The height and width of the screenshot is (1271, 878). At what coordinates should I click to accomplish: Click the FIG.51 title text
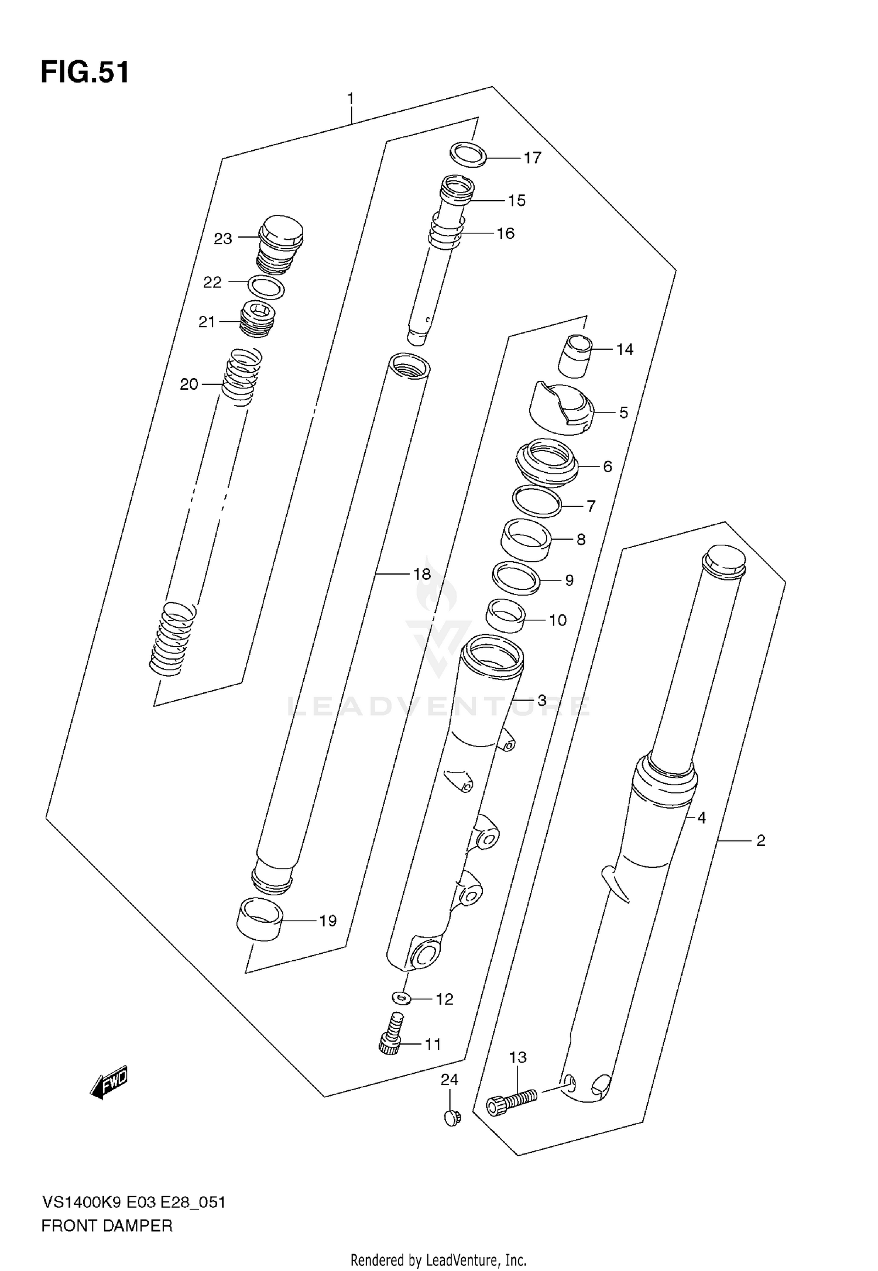pos(85,73)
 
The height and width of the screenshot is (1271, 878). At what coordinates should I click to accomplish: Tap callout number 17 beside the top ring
pos(532,158)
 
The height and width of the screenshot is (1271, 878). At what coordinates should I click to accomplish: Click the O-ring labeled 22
pos(266,288)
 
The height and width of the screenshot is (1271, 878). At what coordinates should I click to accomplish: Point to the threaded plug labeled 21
pos(258,320)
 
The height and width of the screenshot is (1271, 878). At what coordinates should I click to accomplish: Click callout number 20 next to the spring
pos(188,384)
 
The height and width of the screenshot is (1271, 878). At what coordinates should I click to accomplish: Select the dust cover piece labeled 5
pos(561,408)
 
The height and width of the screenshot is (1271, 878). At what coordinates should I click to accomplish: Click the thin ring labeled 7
pos(536,501)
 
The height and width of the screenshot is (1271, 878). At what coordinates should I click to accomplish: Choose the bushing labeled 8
pos(526,537)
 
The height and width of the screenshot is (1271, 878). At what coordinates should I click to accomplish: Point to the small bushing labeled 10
pos(505,615)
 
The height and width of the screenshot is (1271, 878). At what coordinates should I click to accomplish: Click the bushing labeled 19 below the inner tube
pos(259,920)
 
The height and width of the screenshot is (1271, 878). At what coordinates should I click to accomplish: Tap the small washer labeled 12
pos(400,997)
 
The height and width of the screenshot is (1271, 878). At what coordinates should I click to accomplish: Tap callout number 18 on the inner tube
pos(421,574)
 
